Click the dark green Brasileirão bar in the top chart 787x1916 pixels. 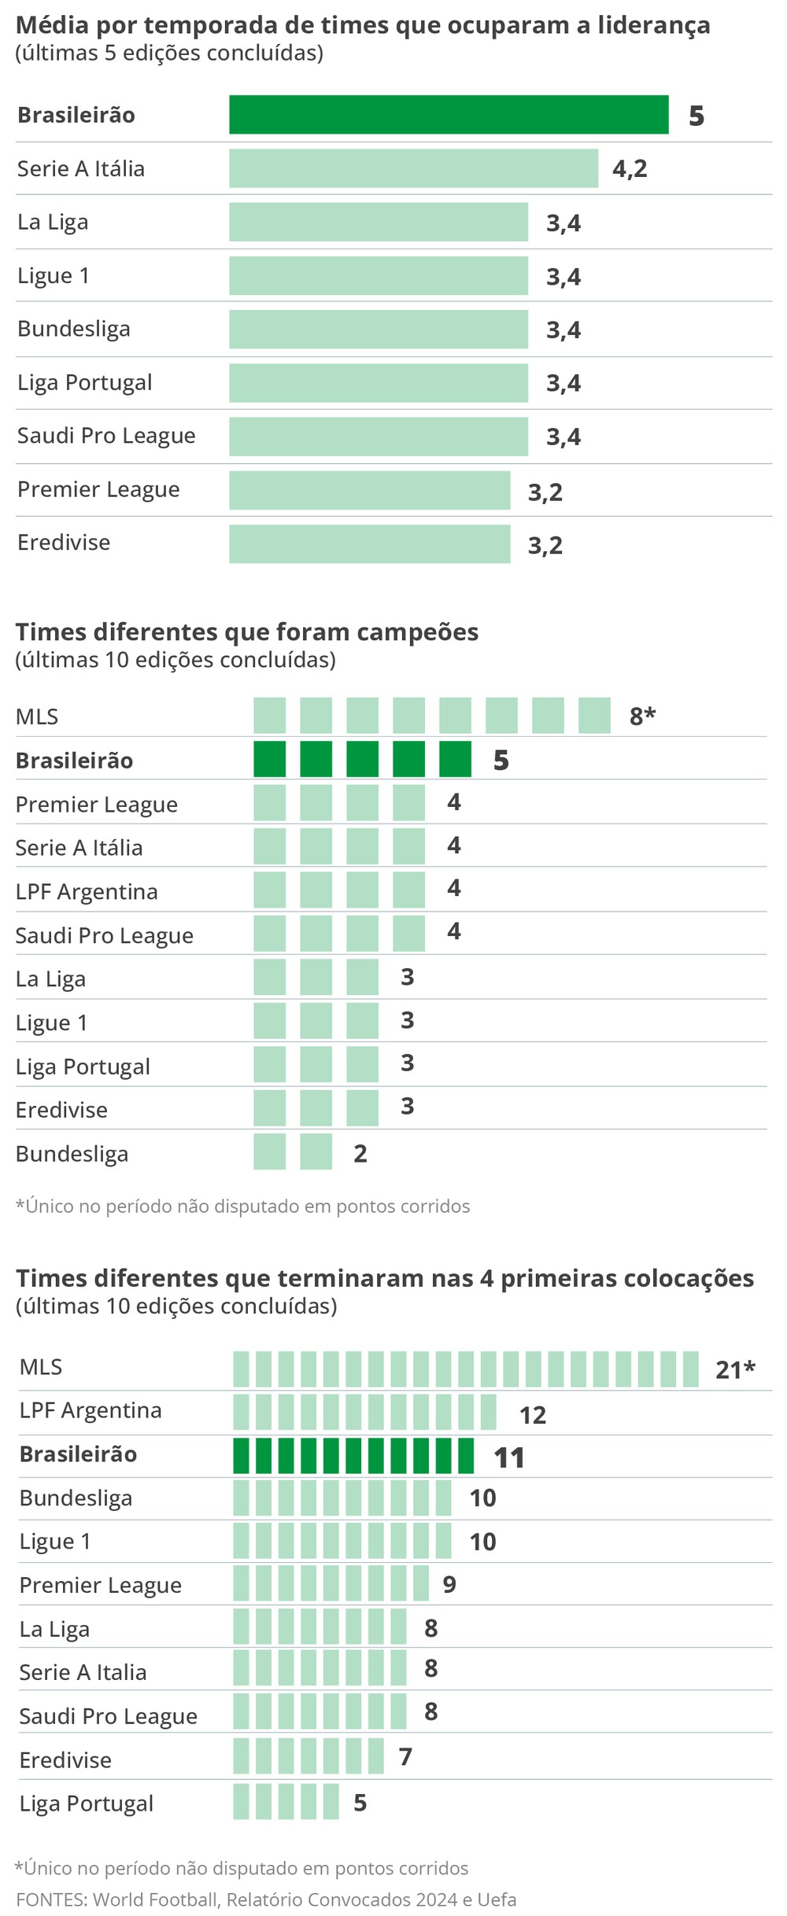(x=449, y=115)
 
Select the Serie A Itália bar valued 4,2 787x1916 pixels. (x=413, y=168)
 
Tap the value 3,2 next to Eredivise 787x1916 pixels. (x=545, y=545)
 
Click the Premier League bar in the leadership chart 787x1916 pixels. (x=370, y=490)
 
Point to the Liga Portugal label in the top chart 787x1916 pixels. (x=85, y=383)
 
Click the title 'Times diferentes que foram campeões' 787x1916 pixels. (x=247, y=632)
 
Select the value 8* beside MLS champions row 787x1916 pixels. (x=642, y=716)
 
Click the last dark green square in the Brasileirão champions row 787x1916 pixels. (x=455, y=759)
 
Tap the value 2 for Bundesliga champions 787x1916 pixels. (x=360, y=1153)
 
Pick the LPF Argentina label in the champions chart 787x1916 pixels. (x=87, y=891)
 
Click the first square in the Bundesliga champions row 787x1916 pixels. (x=269, y=1151)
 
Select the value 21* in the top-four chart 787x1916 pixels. (x=734, y=1369)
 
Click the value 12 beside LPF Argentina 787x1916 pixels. (x=533, y=1415)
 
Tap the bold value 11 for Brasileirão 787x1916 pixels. (x=509, y=1457)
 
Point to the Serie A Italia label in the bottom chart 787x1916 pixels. (x=83, y=1671)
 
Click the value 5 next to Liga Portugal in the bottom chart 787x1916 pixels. (x=360, y=1802)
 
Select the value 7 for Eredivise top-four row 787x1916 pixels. (x=405, y=1756)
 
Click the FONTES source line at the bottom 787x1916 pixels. (x=266, y=1899)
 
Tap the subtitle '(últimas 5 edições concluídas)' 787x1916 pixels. (x=169, y=53)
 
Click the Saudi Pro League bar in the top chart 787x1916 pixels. (x=378, y=437)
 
